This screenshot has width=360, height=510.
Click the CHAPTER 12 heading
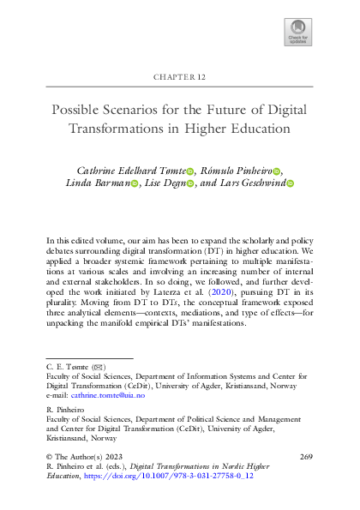(180, 77)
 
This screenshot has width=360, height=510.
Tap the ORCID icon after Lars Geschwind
(290, 184)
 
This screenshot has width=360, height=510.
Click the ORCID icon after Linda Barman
(134, 184)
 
